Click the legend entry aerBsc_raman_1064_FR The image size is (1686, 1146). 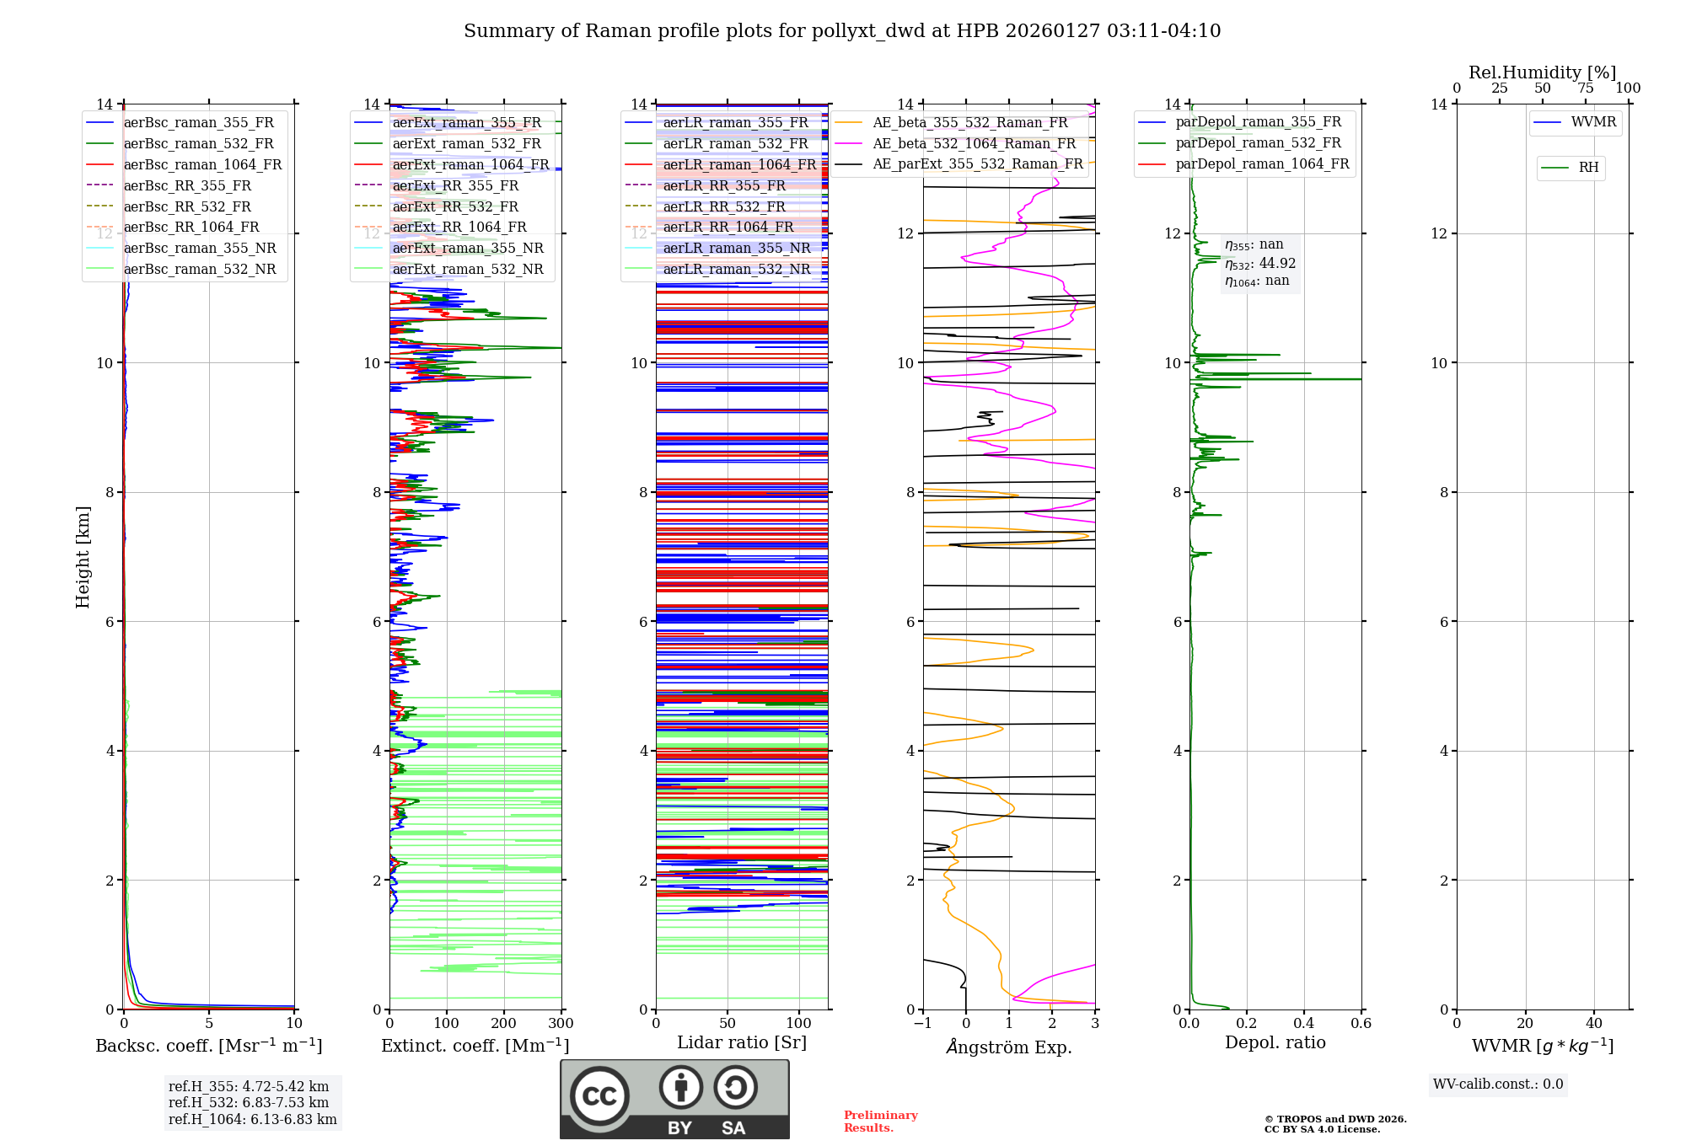coord(202,165)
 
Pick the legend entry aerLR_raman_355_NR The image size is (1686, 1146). coord(736,248)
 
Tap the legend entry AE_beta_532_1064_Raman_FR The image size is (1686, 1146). coord(974,144)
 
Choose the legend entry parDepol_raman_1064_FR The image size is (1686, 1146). coord(1262,164)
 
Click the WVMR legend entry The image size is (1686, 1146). coord(1593,122)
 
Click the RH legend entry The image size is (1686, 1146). coord(1588,168)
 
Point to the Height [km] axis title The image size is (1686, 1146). coord(83,557)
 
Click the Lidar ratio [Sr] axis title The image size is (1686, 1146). coord(742,1043)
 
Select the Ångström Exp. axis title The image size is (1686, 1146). coord(1009,1047)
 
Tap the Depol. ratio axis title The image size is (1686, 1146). coord(1275,1043)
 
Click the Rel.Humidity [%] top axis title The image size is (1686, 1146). coord(1542,72)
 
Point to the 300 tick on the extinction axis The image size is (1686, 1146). coord(561,1024)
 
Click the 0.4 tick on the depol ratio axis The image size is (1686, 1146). coord(1303,1024)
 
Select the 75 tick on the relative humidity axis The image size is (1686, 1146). coord(1586,88)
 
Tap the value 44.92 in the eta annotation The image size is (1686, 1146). coord(1277,264)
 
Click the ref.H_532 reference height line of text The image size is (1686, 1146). coord(249,1103)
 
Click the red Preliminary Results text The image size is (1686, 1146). coord(880,1122)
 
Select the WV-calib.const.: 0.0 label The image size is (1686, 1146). coord(1498,1084)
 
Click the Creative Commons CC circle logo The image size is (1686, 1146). coord(599,1096)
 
